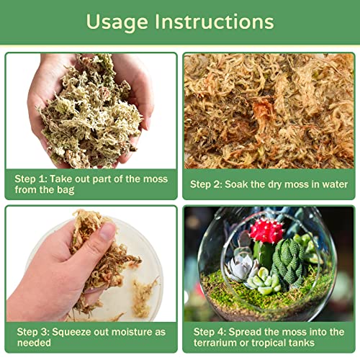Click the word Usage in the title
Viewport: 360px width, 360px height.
coord(117,22)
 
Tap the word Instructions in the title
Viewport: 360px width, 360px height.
coord(215,22)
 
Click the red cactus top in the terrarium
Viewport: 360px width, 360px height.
coord(266,230)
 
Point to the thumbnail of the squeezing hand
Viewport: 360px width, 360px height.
coord(91,264)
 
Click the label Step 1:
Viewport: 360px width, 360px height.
coord(31,179)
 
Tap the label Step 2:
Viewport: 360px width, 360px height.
coord(206,184)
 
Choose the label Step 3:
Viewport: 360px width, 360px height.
coord(33,332)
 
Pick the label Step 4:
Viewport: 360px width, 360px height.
coord(210,332)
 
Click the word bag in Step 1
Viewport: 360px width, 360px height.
coord(66,190)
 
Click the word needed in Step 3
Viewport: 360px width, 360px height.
coord(34,343)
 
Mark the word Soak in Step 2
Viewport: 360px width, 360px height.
coord(236,184)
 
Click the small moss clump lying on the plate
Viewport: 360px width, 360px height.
coord(143,297)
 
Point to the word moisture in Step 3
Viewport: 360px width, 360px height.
coord(132,332)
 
